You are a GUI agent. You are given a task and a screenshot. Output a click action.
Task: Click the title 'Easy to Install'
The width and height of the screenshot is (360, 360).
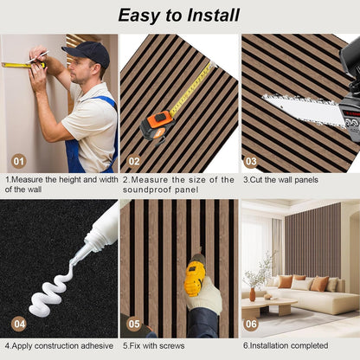[179, 15]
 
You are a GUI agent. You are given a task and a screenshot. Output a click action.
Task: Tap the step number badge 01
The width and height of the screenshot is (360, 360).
[18, 160]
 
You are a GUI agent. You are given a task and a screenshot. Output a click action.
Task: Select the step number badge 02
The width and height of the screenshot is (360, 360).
[134, 160]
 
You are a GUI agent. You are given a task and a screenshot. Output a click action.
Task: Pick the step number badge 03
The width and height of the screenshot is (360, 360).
[251, 160]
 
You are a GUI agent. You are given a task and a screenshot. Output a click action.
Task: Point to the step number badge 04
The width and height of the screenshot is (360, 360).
[18, 325]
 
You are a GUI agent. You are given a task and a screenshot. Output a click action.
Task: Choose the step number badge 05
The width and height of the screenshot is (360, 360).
[134, 325]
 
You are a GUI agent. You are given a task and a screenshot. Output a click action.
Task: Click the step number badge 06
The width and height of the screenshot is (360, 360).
[251, 325]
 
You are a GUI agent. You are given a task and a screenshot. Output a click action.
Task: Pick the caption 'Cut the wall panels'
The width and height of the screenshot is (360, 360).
[280, 180]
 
